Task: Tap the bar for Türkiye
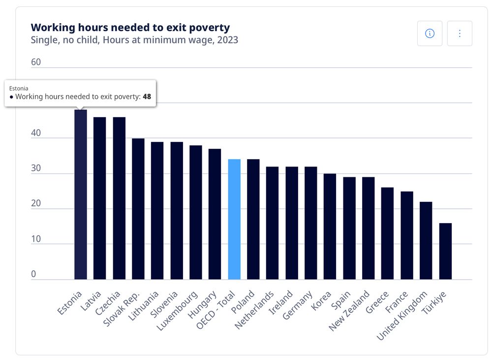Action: click(445, 251)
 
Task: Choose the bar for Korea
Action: click(330, 227)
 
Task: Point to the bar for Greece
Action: click(388, 233)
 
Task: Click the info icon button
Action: click(430, 33)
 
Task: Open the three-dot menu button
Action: click(460, 33)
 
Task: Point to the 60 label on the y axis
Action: click(36, 62)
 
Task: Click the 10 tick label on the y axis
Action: click(36, 239)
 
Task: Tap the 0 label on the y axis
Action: click(33, 274)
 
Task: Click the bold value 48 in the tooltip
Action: click(147, 97)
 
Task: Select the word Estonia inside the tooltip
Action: click(19, 88)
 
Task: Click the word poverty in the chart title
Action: click(211, 28)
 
